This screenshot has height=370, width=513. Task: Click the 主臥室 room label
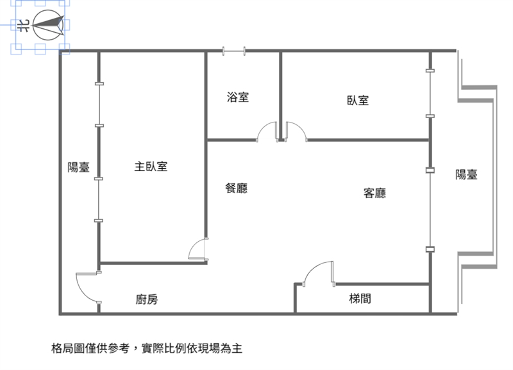pos(151,167)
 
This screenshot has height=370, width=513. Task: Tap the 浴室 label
pos(238,97)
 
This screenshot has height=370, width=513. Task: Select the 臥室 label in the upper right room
pos(358,100)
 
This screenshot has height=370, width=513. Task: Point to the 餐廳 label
pos(236,188)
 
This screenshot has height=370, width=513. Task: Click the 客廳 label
pos(374,192)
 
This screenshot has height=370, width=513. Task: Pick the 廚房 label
pos(147,299)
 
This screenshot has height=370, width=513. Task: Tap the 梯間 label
pos(360,298)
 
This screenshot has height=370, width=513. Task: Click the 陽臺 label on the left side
pos(78,167)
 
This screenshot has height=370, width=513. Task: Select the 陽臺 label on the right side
pos(466,174)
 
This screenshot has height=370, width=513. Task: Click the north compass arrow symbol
pos(49,25)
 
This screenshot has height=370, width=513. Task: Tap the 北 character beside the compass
pos(23,26)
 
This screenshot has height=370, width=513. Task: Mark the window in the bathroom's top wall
pos(234,51)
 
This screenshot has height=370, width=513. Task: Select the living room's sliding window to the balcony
pos(430,210)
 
